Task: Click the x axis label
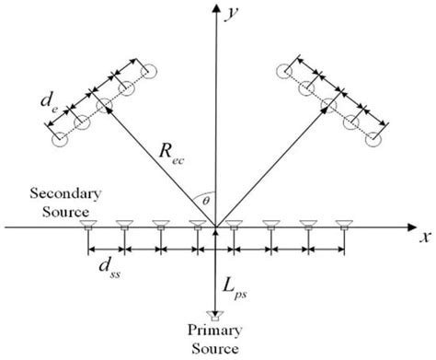[424, 238]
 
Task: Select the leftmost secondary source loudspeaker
[87, 224]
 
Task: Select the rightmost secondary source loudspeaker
[343, 224]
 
